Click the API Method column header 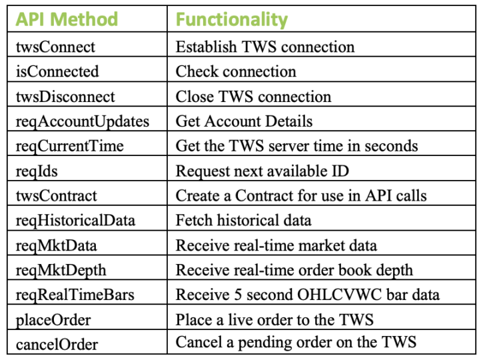pyautogui.click(x=67, y=20)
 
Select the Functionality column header pyautogui.click(x=231, y=20)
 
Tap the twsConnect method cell pyautogui.click(x=56, y=47)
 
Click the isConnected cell pyautogui.click(x=58, y=71)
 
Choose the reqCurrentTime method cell pyautogui.click(x=70, y=146)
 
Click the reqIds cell pyautogui.click(x=37, y=171)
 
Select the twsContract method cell pyautogui.click(x=57, y=196)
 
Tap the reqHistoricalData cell pyautogui.click(x=75, y=221)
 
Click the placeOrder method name pyautogui.click(x=53, y=320)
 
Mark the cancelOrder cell pyautogui.click(x=57, y=345)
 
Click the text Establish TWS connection pyautogui.click(x=265, y=47)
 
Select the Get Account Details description pyautogui.click(x=244, y=121)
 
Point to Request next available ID pyautogui.click(x=262, y=171)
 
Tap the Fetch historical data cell pyautogui.click(x=243, y=221)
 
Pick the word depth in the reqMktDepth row pyautogui.click(x=394, y=271)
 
